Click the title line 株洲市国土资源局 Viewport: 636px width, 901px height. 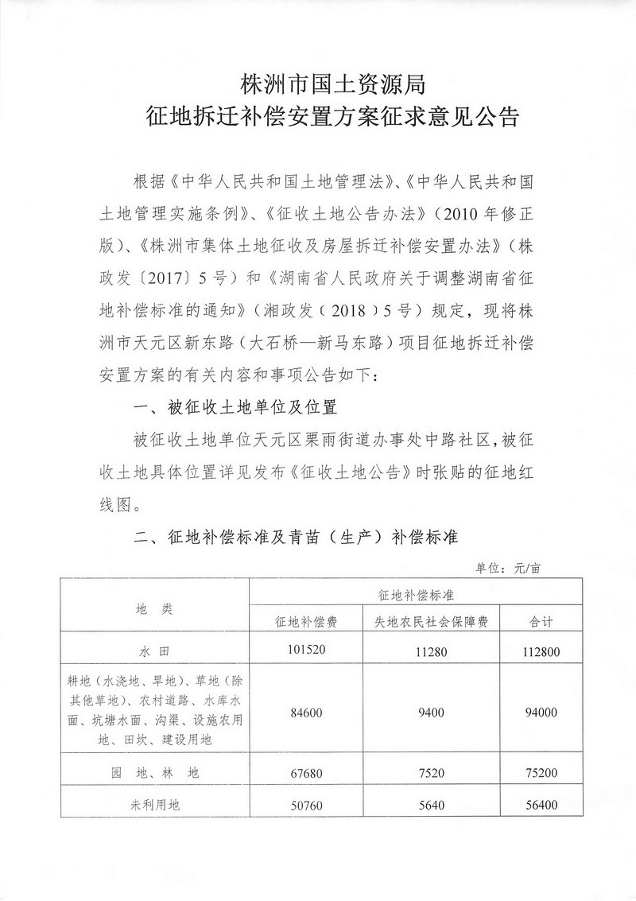click(317, 82)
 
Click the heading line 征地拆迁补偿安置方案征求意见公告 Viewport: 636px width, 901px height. click(317, 119)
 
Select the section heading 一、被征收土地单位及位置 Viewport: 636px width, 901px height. click(237, 409)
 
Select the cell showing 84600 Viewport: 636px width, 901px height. click(305, 713)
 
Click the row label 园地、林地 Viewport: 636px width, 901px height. click(154, 772)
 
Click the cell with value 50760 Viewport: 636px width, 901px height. click(305, 805)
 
